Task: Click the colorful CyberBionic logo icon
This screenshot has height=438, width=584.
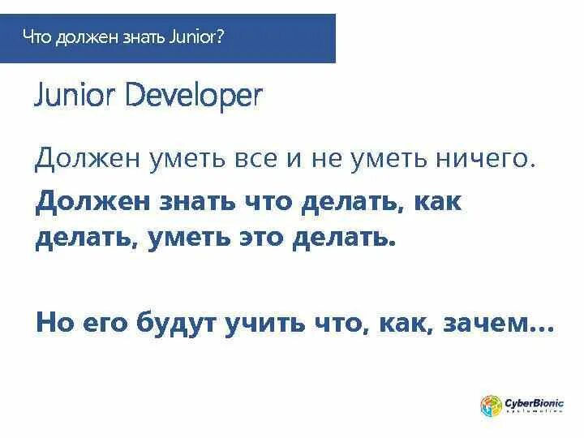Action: (491, 406)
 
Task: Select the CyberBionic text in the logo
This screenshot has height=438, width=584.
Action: (534, 402)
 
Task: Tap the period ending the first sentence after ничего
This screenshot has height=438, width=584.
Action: (533, 166)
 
